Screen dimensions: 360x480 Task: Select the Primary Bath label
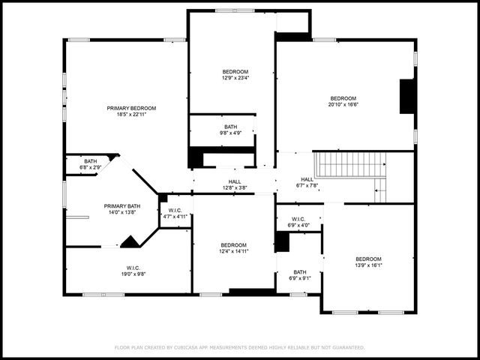[x=121, y=205]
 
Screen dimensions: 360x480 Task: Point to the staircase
[x=349, y=164]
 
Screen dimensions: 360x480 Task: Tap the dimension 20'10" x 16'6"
[x=343, y=105]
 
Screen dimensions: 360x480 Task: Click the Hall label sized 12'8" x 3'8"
[x=235, y=181]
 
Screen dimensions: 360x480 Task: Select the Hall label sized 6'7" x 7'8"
[x=307, y=179]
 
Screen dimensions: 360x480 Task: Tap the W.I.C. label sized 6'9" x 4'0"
[x=298, y=219]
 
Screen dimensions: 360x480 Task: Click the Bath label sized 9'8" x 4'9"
[x=230, y=127]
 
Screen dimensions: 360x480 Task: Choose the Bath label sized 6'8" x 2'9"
[x=90, y=161]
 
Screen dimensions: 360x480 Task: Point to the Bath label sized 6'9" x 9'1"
[x=300, y=272]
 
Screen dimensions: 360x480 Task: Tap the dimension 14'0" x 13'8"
[x=121, y=212]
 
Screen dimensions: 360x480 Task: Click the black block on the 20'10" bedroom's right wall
[x=407, y=96]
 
